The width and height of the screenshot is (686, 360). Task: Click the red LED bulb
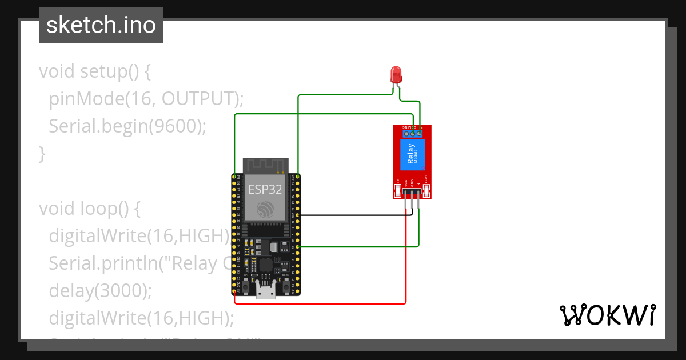(x=396, y=74)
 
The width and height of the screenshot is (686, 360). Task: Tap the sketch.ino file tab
(x=101, y=25)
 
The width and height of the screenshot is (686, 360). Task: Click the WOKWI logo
(x=607, y=315)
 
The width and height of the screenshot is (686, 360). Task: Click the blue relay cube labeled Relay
(x=412, y=154)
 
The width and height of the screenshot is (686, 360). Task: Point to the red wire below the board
(x=320, y=303)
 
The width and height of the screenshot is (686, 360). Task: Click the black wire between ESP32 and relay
(x=354, y=215)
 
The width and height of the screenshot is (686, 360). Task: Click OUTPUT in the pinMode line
(x=197, y=99)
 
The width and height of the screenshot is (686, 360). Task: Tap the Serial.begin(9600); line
(x=127, y=126)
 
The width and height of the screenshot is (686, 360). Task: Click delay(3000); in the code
(x=101, y=290)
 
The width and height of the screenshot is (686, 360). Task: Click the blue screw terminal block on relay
(x=412, y=133)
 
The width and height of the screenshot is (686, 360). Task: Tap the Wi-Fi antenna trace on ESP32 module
(x=265, y=165)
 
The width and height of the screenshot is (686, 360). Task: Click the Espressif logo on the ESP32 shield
(x=265, y=210)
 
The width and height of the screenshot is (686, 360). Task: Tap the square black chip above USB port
(x=266, y=266)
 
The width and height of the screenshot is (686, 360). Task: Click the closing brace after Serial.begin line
(x=42, y=153)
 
